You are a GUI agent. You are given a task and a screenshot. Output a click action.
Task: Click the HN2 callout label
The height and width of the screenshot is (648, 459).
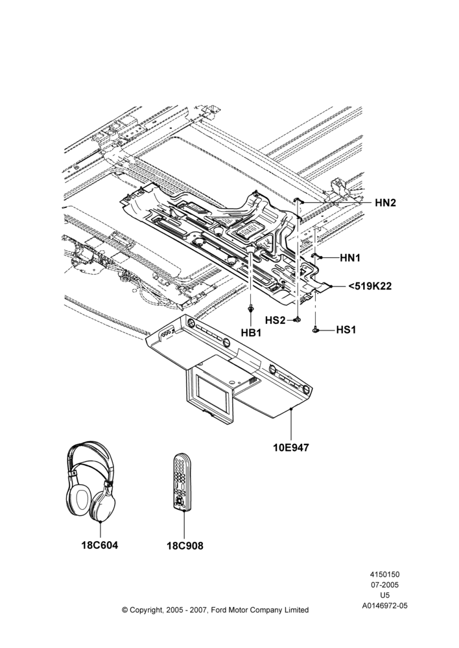click(385, 202)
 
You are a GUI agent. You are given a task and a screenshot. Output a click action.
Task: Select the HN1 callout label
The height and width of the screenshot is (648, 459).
click(350, 258)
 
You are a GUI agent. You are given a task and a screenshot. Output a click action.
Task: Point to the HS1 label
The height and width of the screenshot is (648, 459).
click(346, 330)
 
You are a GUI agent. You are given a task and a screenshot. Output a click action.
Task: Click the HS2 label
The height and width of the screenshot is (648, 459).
click(276, 320)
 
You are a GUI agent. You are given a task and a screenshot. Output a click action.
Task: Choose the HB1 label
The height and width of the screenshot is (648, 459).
click(251, 332)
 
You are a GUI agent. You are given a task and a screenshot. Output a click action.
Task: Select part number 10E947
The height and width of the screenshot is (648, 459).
click(291, 447)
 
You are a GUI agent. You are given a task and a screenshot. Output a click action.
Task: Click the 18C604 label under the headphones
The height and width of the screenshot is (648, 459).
click(100, 546)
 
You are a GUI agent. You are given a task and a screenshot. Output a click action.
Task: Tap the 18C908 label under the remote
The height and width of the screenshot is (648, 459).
click(185, 546)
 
